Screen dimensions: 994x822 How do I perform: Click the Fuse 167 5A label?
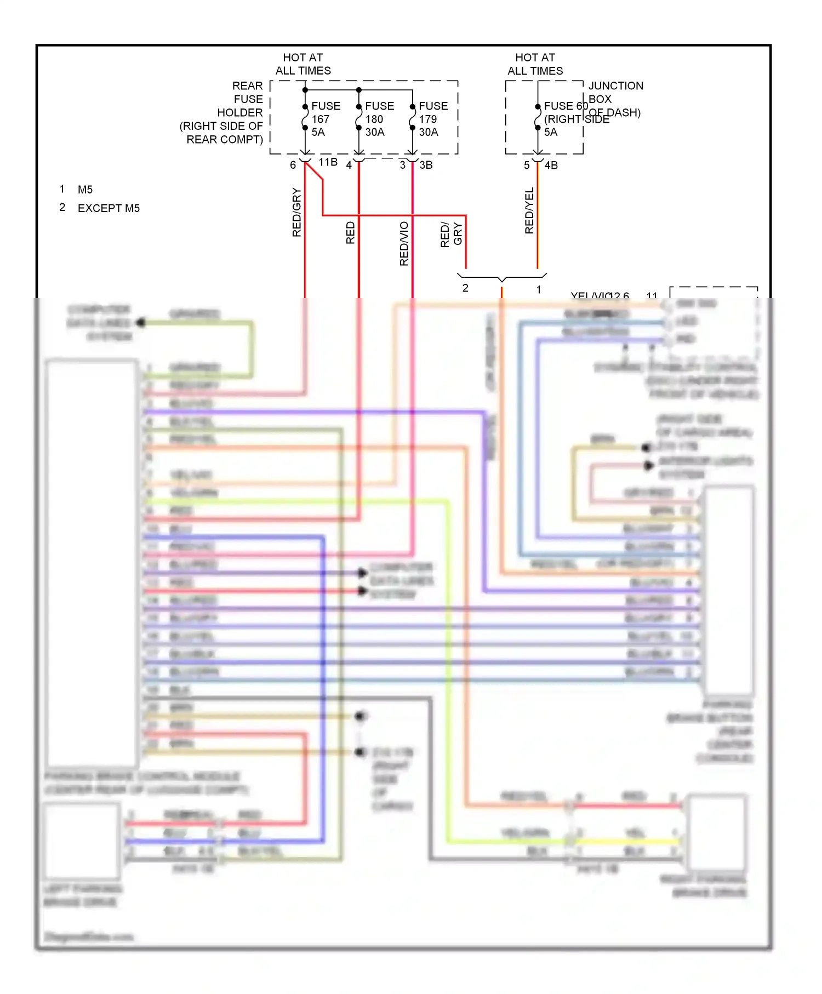tap(325, 119)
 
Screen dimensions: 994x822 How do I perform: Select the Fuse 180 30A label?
tap(379, 119)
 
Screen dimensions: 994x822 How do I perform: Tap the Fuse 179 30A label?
tap(432, 119)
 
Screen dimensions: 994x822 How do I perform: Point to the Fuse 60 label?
tap(565, 106)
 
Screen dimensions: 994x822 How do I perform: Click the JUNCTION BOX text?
tap(615, 92)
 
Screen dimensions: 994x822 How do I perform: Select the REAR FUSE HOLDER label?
tap(225, 112)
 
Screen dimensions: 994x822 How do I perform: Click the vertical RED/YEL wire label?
tap(529, 211)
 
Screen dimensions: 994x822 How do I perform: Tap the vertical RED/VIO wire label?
tap(404, 244)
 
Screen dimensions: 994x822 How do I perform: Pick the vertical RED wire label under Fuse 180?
tap(351, 233)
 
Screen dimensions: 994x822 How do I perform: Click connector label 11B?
tap(328, 162)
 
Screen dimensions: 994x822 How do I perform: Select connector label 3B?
tap(426, 165)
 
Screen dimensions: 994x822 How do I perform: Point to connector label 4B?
tap(551, 165)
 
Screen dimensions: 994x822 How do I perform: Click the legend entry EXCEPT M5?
tap(109, 208)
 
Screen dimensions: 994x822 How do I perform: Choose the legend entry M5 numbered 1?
tap(85, 190)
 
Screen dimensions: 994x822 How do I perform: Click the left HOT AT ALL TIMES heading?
tap(303, 64)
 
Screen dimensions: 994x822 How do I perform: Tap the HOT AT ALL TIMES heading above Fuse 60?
tap(535, 64)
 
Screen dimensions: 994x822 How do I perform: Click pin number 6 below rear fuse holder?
tap(293, 165)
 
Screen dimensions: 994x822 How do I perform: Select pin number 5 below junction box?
tap(527, 165)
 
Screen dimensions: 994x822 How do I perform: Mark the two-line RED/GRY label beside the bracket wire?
tap(451, 235)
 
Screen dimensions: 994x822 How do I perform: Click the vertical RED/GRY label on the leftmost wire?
tap(296, 213)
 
